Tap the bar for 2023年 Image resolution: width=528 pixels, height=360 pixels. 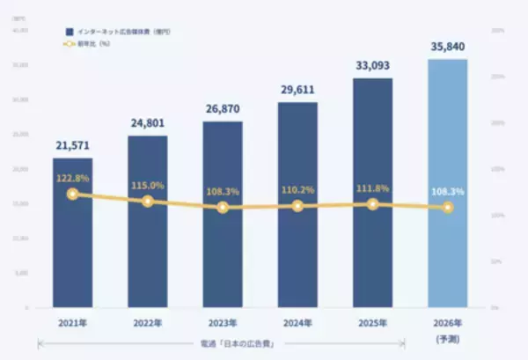(x=223, y=255)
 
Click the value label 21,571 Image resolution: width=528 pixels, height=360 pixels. (x=72, y=144)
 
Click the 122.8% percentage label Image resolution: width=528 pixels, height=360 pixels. (x=72, y=177)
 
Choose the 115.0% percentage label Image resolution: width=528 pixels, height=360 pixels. (x=147, y=186)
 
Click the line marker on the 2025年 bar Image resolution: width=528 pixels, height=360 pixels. (x=373, y=204)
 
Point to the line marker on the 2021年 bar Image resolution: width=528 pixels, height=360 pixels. (x=72, y=194)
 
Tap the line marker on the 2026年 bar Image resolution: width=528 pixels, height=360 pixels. (x=448, y=208)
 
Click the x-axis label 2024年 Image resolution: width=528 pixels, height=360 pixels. (x=297, y=322)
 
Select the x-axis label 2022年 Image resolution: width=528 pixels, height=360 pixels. (x=147, y=322)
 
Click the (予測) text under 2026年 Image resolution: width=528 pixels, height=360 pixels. (x=447, y=338)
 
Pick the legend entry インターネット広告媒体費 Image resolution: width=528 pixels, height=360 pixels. (x=114, y=31)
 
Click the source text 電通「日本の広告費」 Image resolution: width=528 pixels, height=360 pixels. (x=222, y=343)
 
